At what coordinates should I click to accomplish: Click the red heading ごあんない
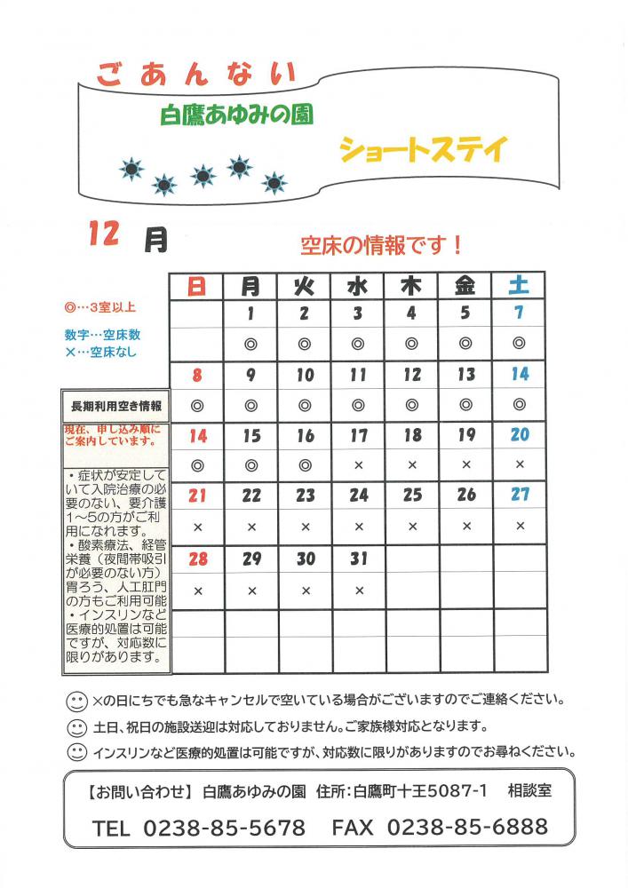(195, 75)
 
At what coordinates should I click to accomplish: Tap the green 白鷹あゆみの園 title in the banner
(237, 115)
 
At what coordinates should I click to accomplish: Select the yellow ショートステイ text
(422, 147)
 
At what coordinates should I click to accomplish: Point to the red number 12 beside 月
(104, 234)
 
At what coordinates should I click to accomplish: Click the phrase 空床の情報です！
(381, 242)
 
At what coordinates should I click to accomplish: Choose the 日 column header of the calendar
(197, 285)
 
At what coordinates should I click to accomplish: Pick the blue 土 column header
(519, 285)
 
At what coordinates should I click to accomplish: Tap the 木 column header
(411, 285)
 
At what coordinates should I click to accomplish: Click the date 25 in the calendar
(412, 496)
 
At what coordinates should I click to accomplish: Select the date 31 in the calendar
(358, 559)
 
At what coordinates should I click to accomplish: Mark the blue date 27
(520, 495)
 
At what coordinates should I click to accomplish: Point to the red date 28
(197, 559)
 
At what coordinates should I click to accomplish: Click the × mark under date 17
(358, 464)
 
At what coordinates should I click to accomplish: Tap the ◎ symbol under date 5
(465, 343)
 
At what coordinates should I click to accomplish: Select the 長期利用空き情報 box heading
(115, 406)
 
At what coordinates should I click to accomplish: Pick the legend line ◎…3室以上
(99, 307)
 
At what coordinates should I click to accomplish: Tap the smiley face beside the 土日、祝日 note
(77, 726)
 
